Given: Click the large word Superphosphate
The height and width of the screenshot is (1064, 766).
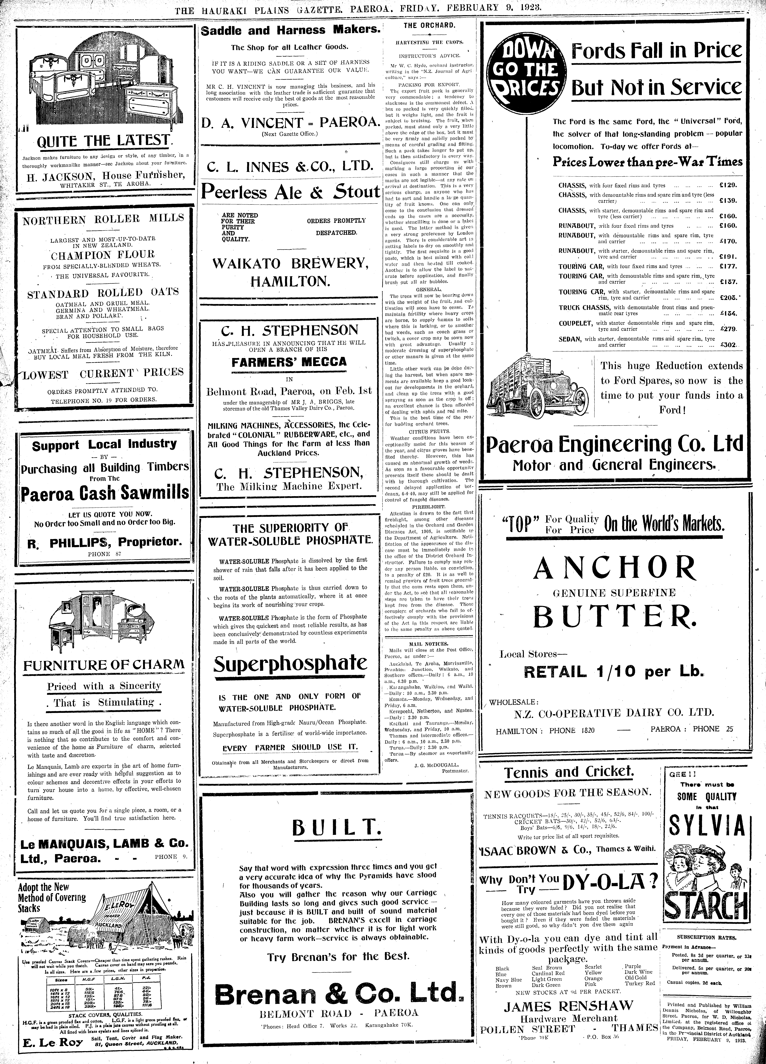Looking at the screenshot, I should tap(290, 663).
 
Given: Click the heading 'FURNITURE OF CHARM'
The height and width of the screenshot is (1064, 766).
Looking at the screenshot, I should tap(104, 665).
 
